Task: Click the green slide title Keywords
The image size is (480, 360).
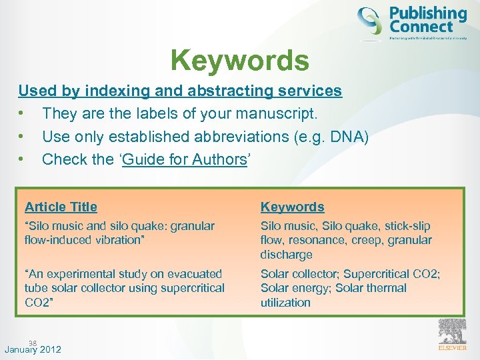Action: [x=240, y=60]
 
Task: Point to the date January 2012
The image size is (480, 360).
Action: [x=33, y=349]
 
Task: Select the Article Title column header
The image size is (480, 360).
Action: [x=61, y=207]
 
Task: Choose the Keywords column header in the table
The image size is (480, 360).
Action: [x=292, y=207]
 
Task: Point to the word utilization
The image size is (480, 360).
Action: [x=285, y=303]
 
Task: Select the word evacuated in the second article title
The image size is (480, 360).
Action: [x=190, y=274]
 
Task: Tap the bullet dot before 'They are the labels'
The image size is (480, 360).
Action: [x=22, y=114]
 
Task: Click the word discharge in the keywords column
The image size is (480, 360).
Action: [x=287, y=255]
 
